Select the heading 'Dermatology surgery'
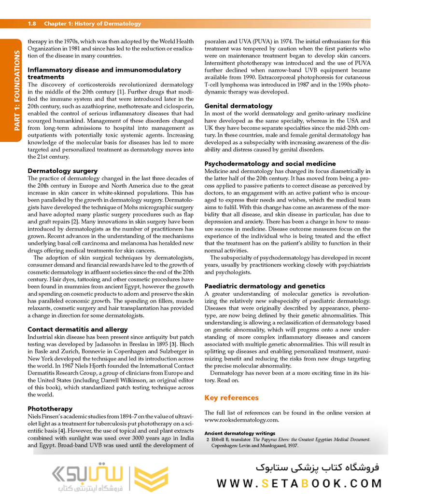(62, 171)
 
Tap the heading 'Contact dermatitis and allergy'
(77, 329)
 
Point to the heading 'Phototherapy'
(50, 409)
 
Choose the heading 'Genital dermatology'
(239, 106)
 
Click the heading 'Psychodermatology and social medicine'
(270, 164)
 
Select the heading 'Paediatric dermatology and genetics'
(265, 286)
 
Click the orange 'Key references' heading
(231, 398)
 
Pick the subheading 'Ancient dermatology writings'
(240, 433)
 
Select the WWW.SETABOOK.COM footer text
(299, 483)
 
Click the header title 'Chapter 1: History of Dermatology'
(93, 24)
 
